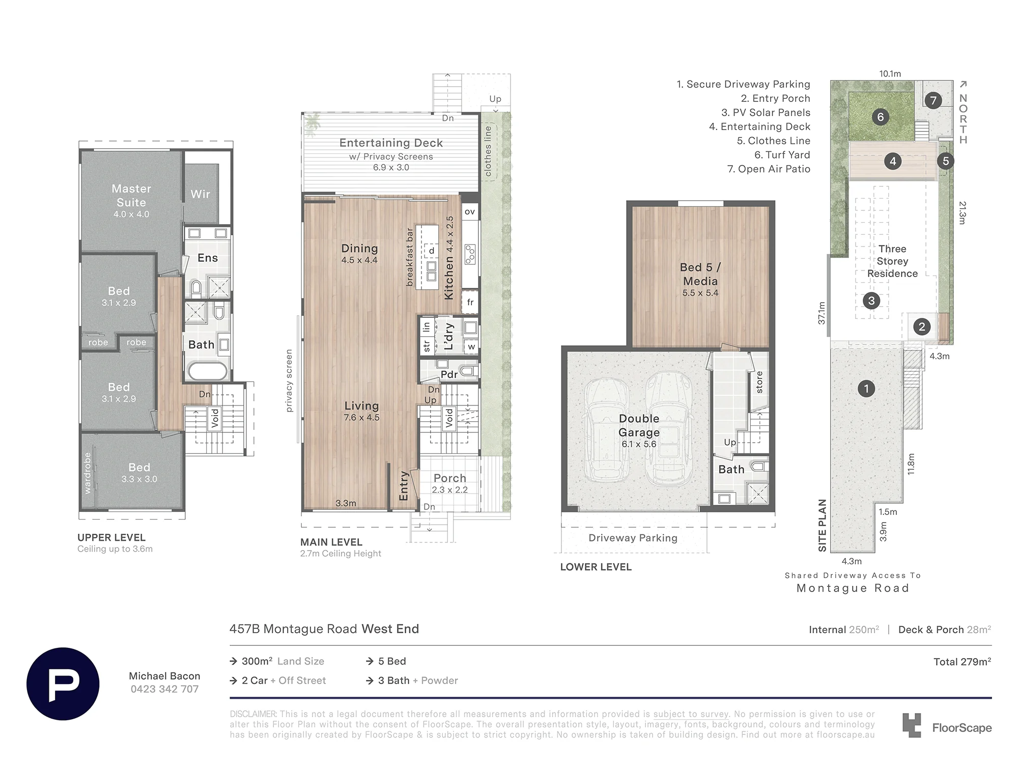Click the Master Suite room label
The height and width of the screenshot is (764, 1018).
pyautogui.click(x=131, y=196)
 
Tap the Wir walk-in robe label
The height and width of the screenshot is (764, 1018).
pyautogui.click(x=201, y=194)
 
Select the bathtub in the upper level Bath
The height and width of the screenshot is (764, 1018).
pyautogui.click(x=208, y=370)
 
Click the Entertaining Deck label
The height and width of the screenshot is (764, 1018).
pyautogui.click(x=391, y=143)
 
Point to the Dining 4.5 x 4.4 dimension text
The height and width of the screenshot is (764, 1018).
pyautogui.click(x=359, y=260)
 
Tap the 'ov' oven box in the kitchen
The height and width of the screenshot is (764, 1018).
pyautogui.click(x=470, y=212)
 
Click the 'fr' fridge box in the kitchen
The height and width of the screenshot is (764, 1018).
pyautogui.click(x=470, y=302)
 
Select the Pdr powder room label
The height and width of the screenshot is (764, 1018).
pyautogui.click(x=449, y=374)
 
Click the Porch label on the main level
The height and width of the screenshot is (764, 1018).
pyautogui.click(x=450, y=478)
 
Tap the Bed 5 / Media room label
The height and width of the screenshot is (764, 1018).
pyautogui.click(x=700, y=274)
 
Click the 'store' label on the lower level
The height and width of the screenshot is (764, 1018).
pyautogui.click(x=759, y=382)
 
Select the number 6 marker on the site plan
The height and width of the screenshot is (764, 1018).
pyautogui.click(x=881, y=117)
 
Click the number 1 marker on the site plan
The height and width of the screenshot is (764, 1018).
pyautogui.click(x=866, y=389)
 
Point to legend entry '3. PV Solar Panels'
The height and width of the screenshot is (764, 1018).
pyautogui.click(x=766, y=113)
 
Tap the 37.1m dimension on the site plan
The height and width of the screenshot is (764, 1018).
pyautogui.click(x=822, y=313)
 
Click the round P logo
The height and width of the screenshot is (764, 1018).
pyautogui.click(x=63, y=684)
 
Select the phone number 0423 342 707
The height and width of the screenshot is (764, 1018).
pyautogui.click(x=164, y=689)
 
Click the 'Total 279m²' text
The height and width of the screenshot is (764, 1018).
pyautogui.click(x=962, y=662)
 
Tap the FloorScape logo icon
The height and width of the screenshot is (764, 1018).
pyautogui.click(x=912, y=725)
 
